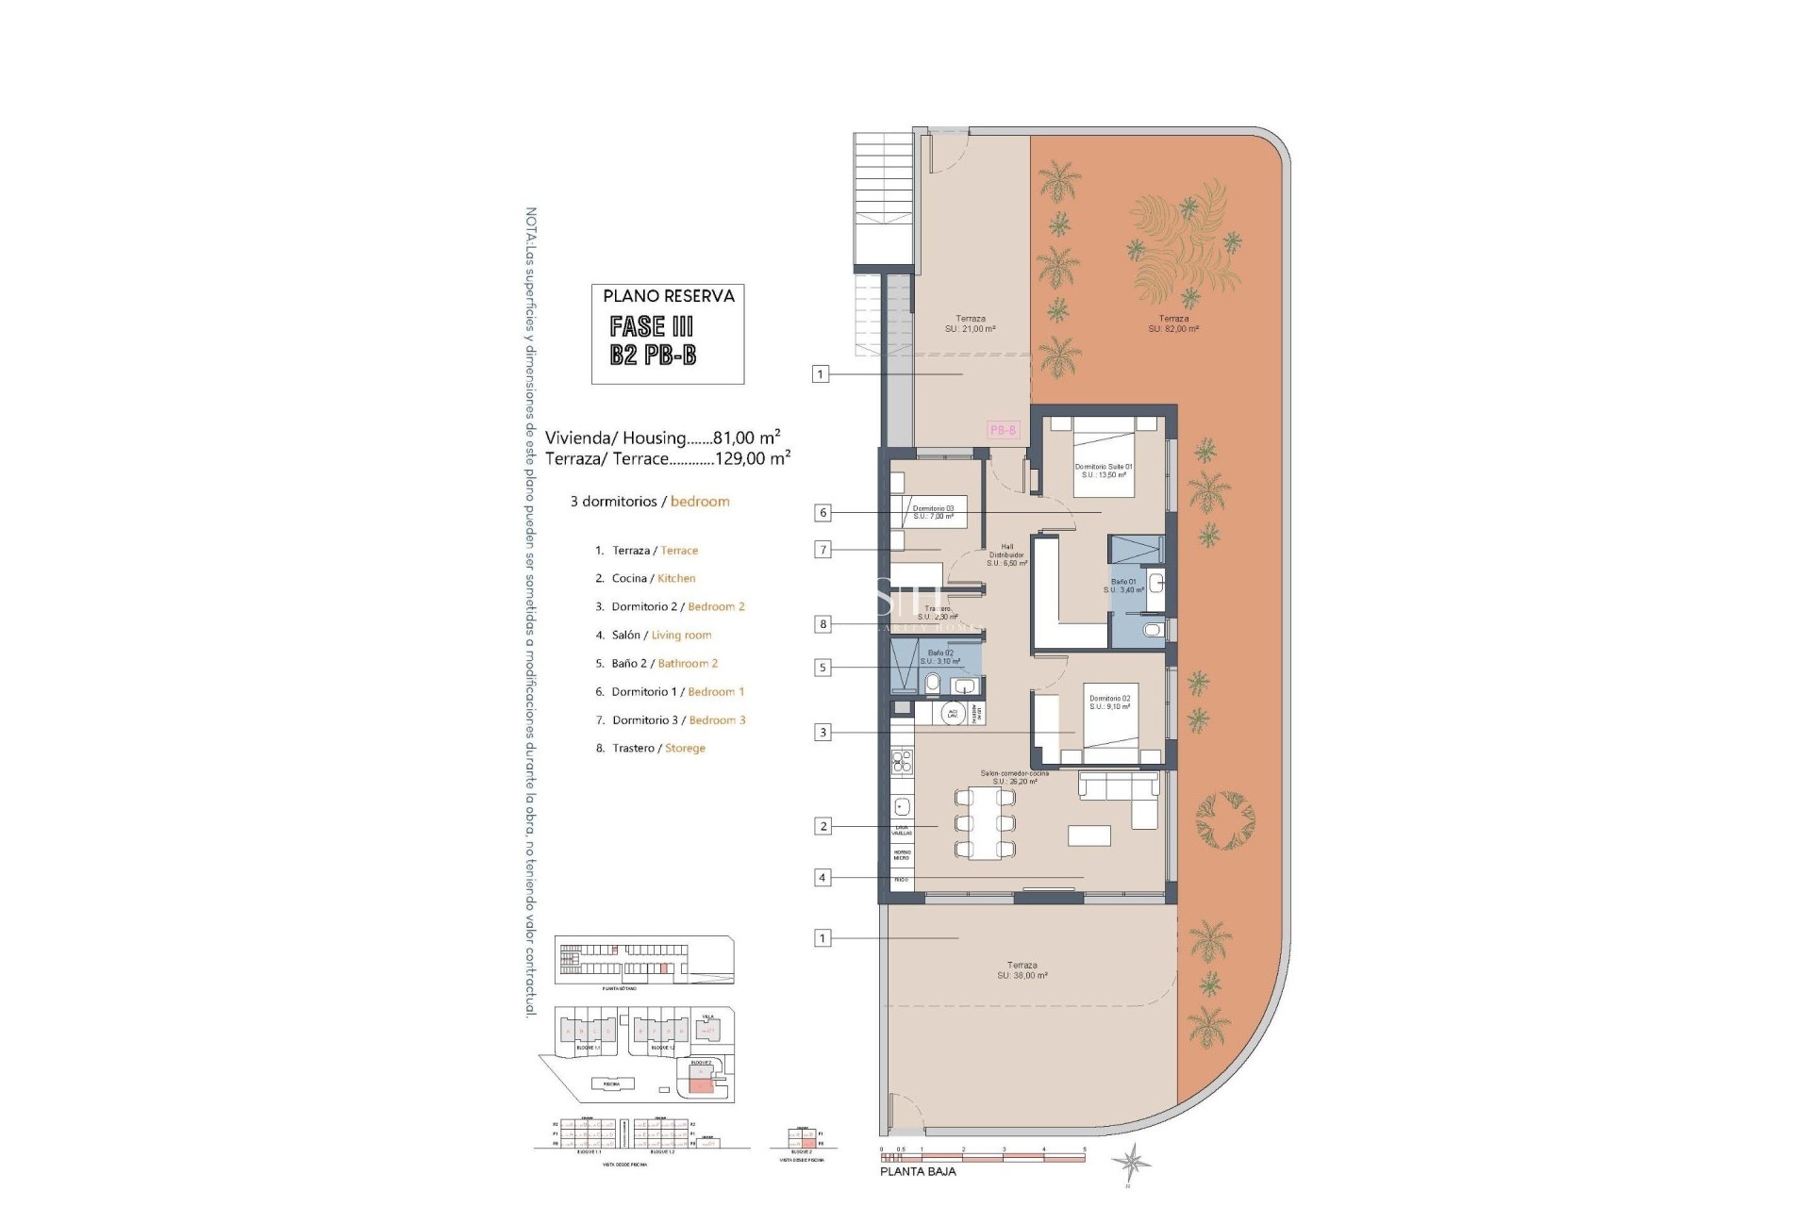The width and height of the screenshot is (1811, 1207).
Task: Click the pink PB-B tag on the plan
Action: [x=1003, y=430]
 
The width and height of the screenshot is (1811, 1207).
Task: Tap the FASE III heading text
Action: [x=652, y=326]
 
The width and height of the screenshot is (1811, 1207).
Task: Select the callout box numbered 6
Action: [x=823, y=513]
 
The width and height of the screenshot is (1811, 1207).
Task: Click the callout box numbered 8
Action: [x=823, y=624]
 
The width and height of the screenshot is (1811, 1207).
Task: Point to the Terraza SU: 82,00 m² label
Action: [x=1173, y=323]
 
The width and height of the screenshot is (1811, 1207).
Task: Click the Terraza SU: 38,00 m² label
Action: [x=1022, y=970]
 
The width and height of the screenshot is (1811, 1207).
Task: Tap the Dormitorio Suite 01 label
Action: [x=1104, y=471]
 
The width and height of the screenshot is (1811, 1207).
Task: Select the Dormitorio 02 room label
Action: [x=1109, y=703]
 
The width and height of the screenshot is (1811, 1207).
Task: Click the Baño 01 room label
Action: [x=1124, y=586]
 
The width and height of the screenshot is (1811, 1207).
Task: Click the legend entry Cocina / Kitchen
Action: [x=653, y=578]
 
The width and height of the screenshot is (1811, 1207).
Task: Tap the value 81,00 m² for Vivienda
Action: [x=746, y=438]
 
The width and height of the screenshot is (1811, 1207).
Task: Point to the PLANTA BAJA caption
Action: [x=918, y=1171]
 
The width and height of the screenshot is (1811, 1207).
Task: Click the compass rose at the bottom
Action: [x=1129, y=1161]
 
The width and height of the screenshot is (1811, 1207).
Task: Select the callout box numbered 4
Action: [x=822, y=878]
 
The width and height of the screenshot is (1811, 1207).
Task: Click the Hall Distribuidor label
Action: [x=1007, y=554]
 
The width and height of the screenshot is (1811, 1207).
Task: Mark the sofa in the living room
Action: [x=1122, y=792]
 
